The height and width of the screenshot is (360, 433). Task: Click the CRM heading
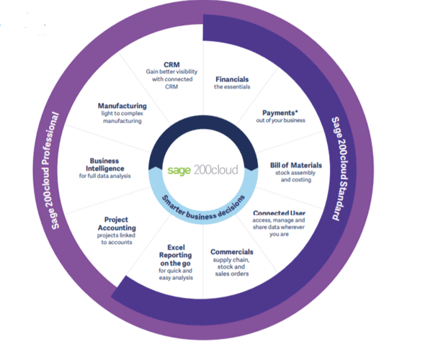pyautogui.click(x=171, y=65)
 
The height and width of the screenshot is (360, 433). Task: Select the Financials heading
pyautogui.click(x=232, y=79)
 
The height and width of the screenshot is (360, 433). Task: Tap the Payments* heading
pyautogui.click(x=280, y=113)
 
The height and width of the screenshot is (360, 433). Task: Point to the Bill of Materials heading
pyautogui.click(x=296, y=165)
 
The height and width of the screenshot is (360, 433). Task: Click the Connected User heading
pyautogui.click(x=280, y=213)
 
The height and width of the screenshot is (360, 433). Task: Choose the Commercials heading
pyautogui.click(x=232, y=252)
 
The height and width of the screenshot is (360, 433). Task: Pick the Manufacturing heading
pyautogui.click(x=122, y=106)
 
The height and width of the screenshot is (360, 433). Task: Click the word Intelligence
pyautogui.click(x=105, y=168)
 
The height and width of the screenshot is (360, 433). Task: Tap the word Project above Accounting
pyautogui.click(x=116, y=220)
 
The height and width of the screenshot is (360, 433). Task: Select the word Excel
pyautogui.click(x=177, y=248)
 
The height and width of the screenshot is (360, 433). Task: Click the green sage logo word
pyautogui.click(x=179, y=171)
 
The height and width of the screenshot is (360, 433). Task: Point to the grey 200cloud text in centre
pyautogui.click(x=216, y=169)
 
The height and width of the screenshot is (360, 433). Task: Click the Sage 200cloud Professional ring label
pyautogui.click(x=51, y=171)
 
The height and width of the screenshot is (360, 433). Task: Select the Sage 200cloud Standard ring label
pyautogui.click(x=340, y=168)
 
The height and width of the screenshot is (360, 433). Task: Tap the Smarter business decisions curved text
pyautogui.click(x=203, y=209)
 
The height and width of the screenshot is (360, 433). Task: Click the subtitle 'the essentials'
pyautogui.click(x=232, y=86)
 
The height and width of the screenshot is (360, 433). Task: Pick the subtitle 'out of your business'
pyautogui.click(x=280, y=120)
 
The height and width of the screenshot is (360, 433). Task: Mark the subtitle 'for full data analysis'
pyautogui.click(x=105, y=176)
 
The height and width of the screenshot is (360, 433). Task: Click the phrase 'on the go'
pyautogui.click(x=175, y=264)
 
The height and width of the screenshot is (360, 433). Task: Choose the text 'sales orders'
pyautogui.click(x=232, y=274)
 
